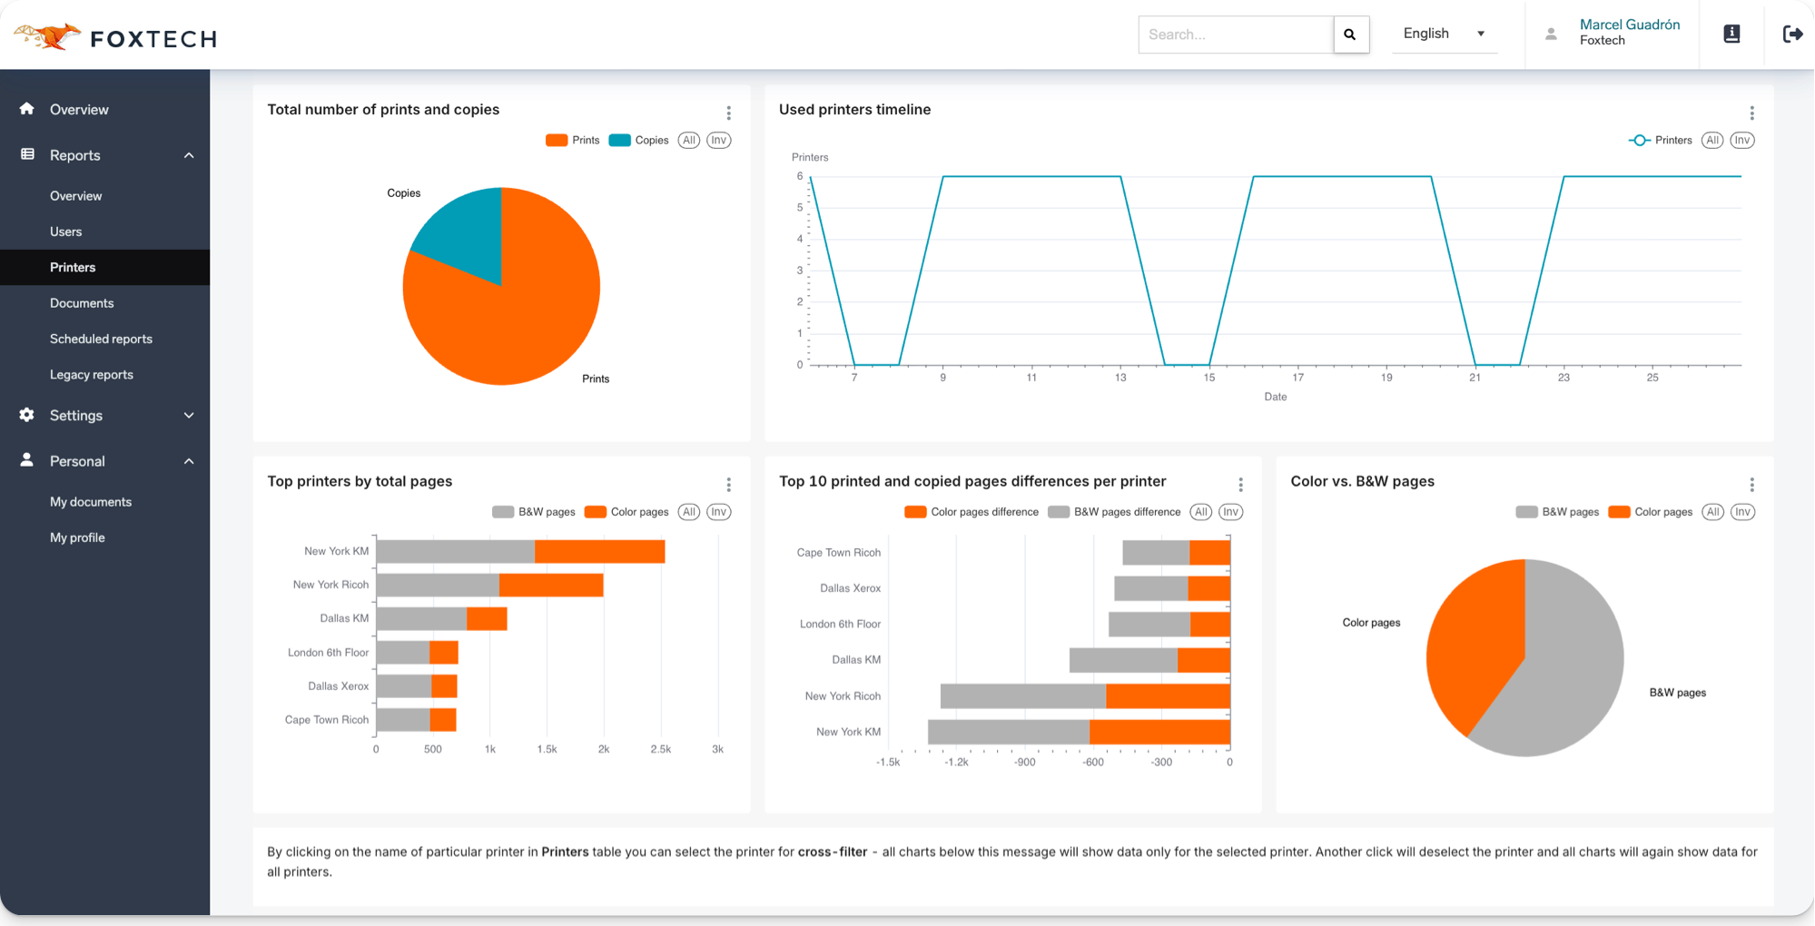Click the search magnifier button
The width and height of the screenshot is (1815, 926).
[x=1350, y=34]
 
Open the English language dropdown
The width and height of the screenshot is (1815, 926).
[x=1444, y=34]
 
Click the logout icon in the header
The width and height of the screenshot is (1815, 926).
[x=1792, y=34]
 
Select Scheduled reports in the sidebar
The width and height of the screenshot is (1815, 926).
[x=101, y=339]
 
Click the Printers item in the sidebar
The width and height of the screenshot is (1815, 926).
[x=73, y=267]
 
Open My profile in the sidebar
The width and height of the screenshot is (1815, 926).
[x=77, y=537]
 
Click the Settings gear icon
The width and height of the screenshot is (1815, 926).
[x=26, y=415]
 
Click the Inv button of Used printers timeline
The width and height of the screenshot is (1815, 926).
[x=1741, y=140]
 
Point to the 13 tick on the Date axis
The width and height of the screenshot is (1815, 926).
[x=1120, y=378]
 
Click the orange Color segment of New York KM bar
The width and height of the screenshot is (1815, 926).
[x=599, y=551]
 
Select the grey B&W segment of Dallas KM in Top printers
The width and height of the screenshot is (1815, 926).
[x=421, y=619]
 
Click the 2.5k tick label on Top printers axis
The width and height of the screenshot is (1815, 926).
[x=660, y=750]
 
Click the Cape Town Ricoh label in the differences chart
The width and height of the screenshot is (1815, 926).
[x=838, y=552]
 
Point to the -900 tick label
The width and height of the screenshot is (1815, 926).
[x=1024, y=763]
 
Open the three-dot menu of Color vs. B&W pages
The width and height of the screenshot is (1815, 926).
[x=1751, y=485]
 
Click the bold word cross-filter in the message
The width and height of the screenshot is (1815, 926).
[x=832, y=852]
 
